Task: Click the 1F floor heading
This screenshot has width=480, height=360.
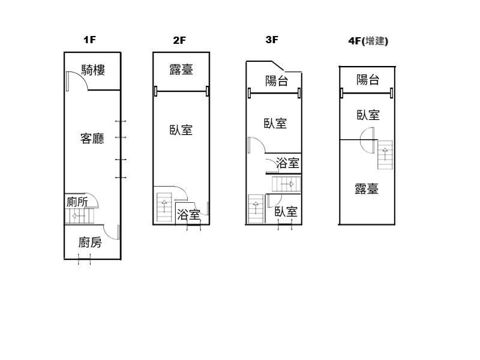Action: point(89,40)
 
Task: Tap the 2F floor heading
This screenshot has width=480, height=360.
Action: point(179,40)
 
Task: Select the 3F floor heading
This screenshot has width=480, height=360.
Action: point(272,40)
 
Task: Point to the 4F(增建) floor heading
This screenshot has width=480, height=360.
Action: point(368,41)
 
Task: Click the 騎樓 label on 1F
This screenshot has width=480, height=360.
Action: point(93,70)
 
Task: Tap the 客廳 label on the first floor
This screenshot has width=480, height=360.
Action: point(92,139)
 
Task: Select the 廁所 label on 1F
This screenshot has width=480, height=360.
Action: point(77,202)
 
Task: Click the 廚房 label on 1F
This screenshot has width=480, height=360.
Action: point(90,242)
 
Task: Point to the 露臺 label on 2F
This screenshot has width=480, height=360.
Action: point(181,70)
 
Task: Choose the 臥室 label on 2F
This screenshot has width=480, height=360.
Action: point(181,130)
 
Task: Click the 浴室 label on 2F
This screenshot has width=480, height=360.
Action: point(188,214)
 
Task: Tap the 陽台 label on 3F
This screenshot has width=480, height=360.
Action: point(277,81)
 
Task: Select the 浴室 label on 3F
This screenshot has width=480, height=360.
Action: point(287,163)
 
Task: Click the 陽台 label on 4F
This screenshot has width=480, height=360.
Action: point(368,80)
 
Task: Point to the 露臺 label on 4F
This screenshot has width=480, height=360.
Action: point(367,188)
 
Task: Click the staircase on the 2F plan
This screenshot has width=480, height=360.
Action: point(164,207)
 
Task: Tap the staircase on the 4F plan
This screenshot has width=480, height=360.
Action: point(385,155)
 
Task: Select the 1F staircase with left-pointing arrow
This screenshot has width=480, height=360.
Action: point(79,216)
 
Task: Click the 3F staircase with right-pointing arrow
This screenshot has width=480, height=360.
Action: point(287,184)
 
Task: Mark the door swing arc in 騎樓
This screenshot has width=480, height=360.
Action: point(82,77)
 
